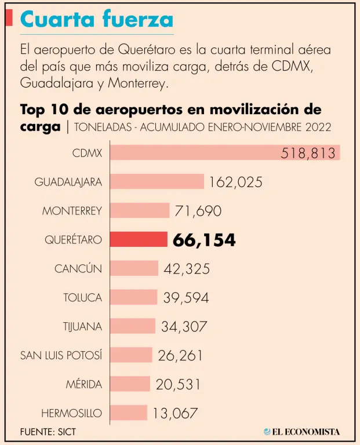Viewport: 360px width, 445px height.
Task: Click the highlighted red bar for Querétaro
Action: [139, 239]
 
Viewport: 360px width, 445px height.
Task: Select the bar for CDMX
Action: [225, 152]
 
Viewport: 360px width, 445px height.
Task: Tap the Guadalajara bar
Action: [157, 181]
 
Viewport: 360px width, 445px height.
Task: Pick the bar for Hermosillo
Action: [129, 413]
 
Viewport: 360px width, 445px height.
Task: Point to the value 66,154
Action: [204, 240]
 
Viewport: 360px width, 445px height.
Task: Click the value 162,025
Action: [236, 182]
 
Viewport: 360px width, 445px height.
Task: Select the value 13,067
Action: [176, 413]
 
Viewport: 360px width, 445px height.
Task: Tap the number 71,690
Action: [198, 211]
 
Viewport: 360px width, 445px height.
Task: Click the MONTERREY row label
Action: [72, 211]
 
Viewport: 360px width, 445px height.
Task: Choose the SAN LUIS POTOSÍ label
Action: [61, 355]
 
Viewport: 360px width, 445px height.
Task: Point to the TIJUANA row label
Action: [82, 326]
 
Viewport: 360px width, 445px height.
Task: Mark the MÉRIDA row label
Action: [83, 384]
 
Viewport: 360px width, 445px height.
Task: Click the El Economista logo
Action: [301, 431]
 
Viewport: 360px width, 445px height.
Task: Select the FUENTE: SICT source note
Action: [48, 432]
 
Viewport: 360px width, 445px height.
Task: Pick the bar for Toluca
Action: [133, 297]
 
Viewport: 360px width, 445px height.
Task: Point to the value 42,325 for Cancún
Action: [186, 269]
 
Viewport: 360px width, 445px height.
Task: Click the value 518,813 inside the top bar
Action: [308, 153]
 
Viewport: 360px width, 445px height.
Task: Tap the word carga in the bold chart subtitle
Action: [40, 126]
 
